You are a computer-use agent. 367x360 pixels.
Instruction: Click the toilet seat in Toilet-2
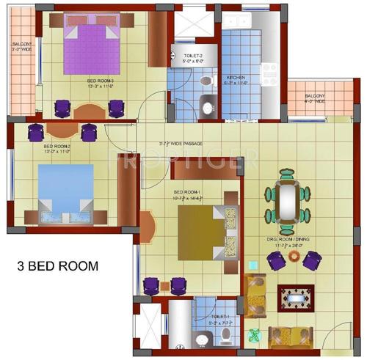206,78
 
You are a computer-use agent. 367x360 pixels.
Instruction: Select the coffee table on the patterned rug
295,298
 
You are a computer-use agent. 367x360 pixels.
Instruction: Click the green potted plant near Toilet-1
255,335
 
